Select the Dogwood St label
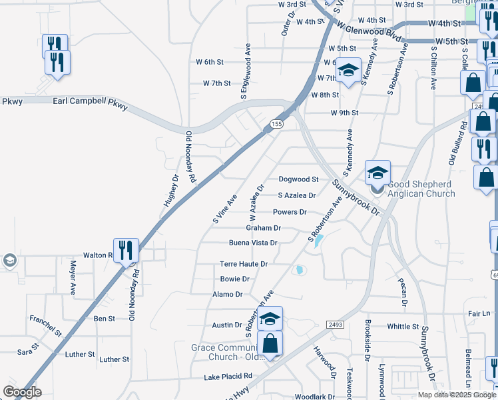(x=298, y=179)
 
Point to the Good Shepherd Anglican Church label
(x=421, y=189)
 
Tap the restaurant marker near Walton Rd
(x=126, y=251)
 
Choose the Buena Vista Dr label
(x=252, y=243)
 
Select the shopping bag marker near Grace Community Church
(x=270, y=344)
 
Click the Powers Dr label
(x=290, y=212)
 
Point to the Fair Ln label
(x=479, y=313)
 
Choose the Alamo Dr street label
(x=228, y=294)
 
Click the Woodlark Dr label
(x=310, y=397)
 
